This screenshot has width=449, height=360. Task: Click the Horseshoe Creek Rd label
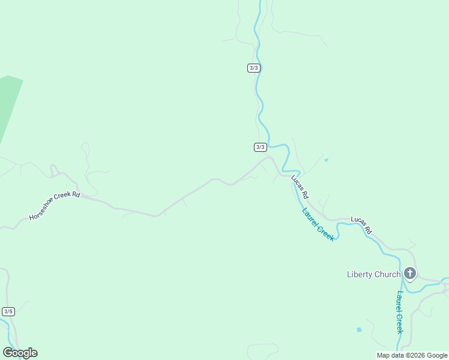[55, 205]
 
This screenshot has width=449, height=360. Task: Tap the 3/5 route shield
[8, 311]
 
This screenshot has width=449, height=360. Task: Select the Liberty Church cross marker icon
[410, 274]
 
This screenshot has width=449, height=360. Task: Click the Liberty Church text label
[373, 275]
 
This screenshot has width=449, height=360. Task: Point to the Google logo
[20, 353]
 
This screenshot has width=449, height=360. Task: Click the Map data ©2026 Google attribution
[412, 355]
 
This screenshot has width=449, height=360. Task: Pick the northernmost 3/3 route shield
[253, 68]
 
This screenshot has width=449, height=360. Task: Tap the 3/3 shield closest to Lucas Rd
[260, 147]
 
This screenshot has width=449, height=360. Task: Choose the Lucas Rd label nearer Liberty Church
[361, 225]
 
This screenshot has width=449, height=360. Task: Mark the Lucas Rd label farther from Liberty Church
[300, 187]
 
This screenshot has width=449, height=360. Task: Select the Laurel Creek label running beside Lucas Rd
[318, 224]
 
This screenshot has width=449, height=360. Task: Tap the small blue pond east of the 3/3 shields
[326, 160]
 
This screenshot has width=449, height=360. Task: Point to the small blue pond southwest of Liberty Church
[359, 329]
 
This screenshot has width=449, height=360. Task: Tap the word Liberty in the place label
[359, 275]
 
